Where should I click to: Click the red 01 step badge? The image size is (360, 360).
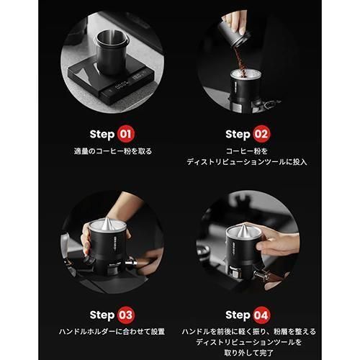point(126,134)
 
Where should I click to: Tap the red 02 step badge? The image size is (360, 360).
point(261,134)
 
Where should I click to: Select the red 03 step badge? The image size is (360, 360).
point(126,315)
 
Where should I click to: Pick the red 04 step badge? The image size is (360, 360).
point(261,315)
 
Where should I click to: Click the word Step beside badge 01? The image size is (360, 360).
point(102,135)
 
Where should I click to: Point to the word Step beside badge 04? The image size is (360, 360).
point(238,315)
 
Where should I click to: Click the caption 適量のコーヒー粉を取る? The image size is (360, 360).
point(113,151)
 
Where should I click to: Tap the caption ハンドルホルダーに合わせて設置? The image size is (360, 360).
point(112,332)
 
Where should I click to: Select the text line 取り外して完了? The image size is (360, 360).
point(249,353)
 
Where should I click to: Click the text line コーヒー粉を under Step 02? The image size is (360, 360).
point(247,151)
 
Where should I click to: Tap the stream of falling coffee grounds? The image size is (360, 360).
point(240,60)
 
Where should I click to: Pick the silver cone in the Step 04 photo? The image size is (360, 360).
point(243,230)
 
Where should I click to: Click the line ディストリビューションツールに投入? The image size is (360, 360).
point(247,162)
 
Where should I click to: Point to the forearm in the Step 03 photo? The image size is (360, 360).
point(125,207)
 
